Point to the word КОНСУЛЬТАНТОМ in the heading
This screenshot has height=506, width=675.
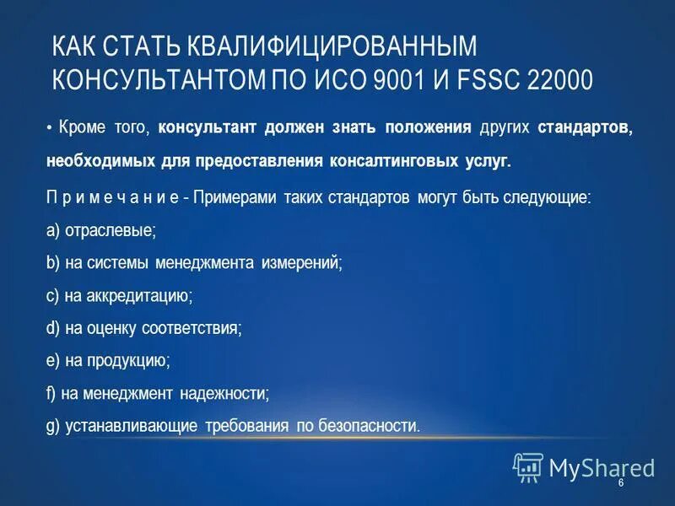[159, 80]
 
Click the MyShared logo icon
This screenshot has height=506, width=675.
[528, 466]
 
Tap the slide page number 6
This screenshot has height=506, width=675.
[621, 483]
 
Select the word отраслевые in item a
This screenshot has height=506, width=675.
[111, 229]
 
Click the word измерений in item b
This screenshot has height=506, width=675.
[303, 263]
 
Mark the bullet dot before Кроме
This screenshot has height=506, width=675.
[51, 128]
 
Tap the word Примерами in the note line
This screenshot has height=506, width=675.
[229, 197]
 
